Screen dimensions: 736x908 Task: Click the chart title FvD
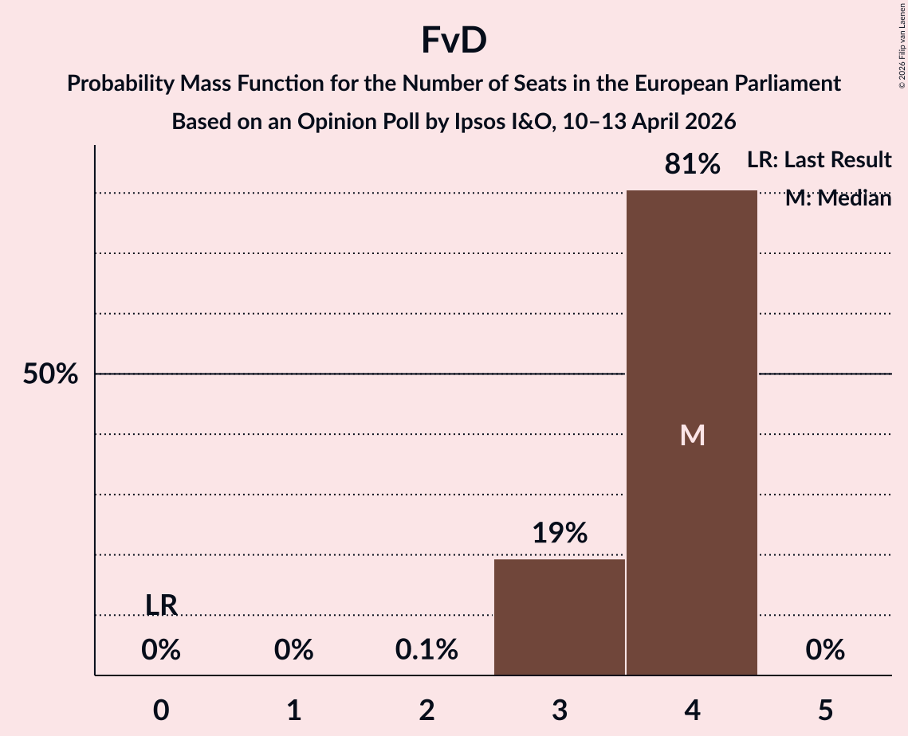tap(454, 41)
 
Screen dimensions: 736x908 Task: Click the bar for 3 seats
tap(559, 617)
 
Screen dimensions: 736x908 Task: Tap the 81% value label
tap(692, 165)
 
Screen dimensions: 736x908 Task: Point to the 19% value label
tap(559, 533)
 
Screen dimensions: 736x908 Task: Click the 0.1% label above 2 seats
tap(426, 651)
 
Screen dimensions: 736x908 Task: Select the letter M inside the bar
tap(692, 435)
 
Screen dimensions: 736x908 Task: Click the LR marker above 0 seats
tap(161, 605)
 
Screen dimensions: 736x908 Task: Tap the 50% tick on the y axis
tap(50, 374)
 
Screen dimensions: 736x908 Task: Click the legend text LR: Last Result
tap(819, 160)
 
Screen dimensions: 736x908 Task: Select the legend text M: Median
tap(837, 198)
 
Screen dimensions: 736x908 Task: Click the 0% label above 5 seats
tap(824, 651)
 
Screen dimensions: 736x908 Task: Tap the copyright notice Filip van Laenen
tap(902, 48)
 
